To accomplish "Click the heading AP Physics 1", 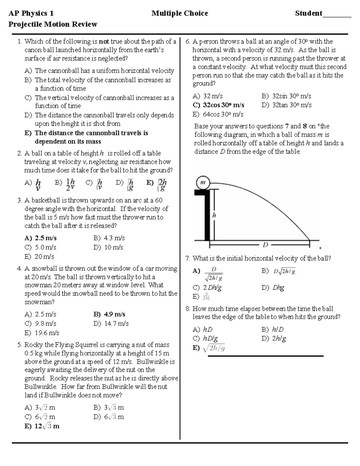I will click(31, 13).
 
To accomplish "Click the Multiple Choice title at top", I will click(179, 13).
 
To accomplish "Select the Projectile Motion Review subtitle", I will click(53, 24).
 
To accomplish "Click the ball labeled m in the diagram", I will click(203, 182).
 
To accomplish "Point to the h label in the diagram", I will click(214, 215).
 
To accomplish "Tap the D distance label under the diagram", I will click(265, 245).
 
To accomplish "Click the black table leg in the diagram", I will click(207, 216).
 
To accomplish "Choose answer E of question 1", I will click(86, 137).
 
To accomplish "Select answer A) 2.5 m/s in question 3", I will click(41, 238).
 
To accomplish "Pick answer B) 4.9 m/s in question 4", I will click(109, 314).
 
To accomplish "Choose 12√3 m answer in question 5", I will click(42, 426).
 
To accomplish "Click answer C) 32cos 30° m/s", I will click(218, 105).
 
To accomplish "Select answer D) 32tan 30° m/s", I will click(286, 105).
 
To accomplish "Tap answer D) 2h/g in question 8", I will click(274, 338).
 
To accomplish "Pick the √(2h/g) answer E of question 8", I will click(209, 348).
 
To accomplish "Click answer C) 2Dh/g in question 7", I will click(207, 287).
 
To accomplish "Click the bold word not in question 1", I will click(104, 41).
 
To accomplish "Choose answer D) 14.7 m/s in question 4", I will click(111, 323).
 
